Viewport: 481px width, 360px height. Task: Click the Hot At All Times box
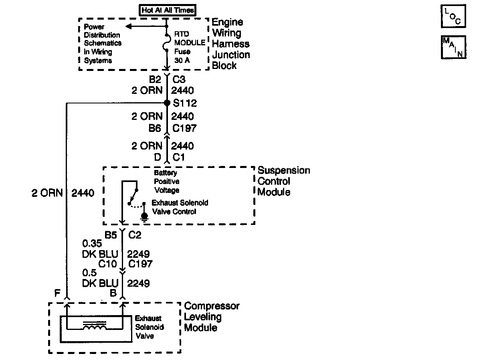168,10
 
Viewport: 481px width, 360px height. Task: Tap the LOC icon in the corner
453,16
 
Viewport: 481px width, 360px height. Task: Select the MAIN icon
453,47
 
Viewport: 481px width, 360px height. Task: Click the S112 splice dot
167,103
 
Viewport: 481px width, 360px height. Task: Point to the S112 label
185,103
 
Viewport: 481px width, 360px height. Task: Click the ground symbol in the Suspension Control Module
144,217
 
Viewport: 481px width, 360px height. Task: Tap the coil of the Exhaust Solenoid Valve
95,327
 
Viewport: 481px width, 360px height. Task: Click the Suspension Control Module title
283,181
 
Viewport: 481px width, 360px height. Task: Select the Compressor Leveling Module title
212,317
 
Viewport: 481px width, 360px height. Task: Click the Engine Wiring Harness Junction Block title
231,44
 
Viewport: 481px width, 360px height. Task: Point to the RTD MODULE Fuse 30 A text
189,47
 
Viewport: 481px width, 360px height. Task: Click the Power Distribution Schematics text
103,44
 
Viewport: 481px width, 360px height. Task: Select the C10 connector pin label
107,264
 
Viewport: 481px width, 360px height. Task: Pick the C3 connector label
180,80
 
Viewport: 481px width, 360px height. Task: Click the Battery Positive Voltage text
167,182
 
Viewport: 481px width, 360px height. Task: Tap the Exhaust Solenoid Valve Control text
180,207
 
